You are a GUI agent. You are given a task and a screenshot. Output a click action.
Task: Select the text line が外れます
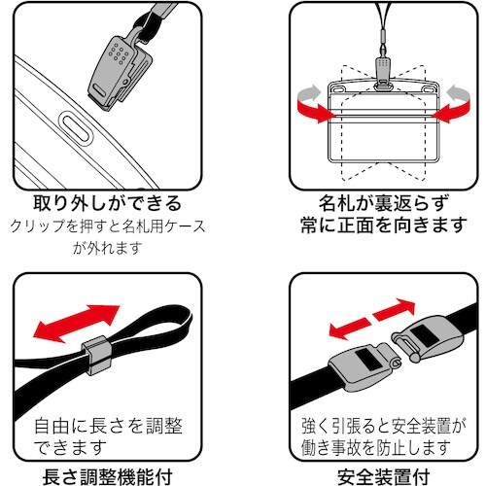(109, 246)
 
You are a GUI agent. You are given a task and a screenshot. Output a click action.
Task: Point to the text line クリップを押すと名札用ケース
(109, 226)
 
